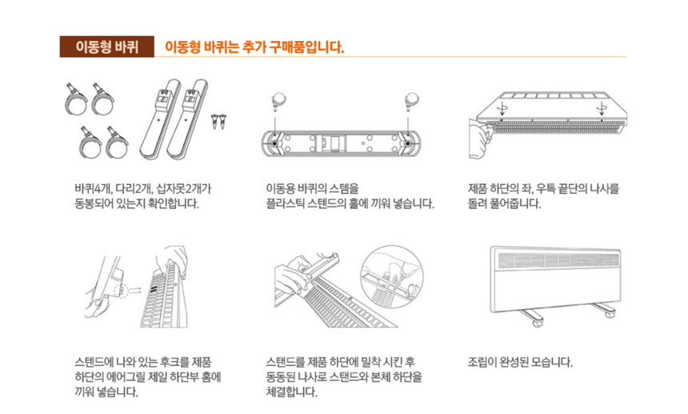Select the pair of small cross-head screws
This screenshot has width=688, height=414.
tap(217, 121)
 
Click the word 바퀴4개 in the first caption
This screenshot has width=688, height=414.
tap(90, 189)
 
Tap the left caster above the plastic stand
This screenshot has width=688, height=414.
tap(277, 100)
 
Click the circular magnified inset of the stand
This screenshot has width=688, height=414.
tap(390, 275)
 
